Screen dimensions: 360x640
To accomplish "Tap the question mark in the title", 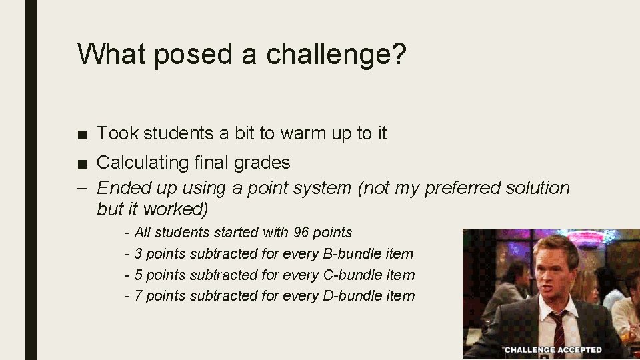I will pyautogui.click(x=399, y=53).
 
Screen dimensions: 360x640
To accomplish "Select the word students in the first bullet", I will pyautogui.click(x=179, y=133).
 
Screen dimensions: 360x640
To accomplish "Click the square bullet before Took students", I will pyautogui.click(x=82, y=134).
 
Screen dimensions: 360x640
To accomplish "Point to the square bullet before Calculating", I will pyautogui.click(x=82, y=163).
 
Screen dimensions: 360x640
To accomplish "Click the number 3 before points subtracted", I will pyautogui.click(x=138, y=254).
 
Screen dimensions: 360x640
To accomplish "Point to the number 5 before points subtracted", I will pyautogui.click(x=138, y=275).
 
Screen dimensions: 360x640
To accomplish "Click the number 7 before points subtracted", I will pyautogui.click(x=138, y=296).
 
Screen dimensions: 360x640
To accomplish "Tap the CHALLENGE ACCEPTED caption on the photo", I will pyautogui.click(x=553, y=349).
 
